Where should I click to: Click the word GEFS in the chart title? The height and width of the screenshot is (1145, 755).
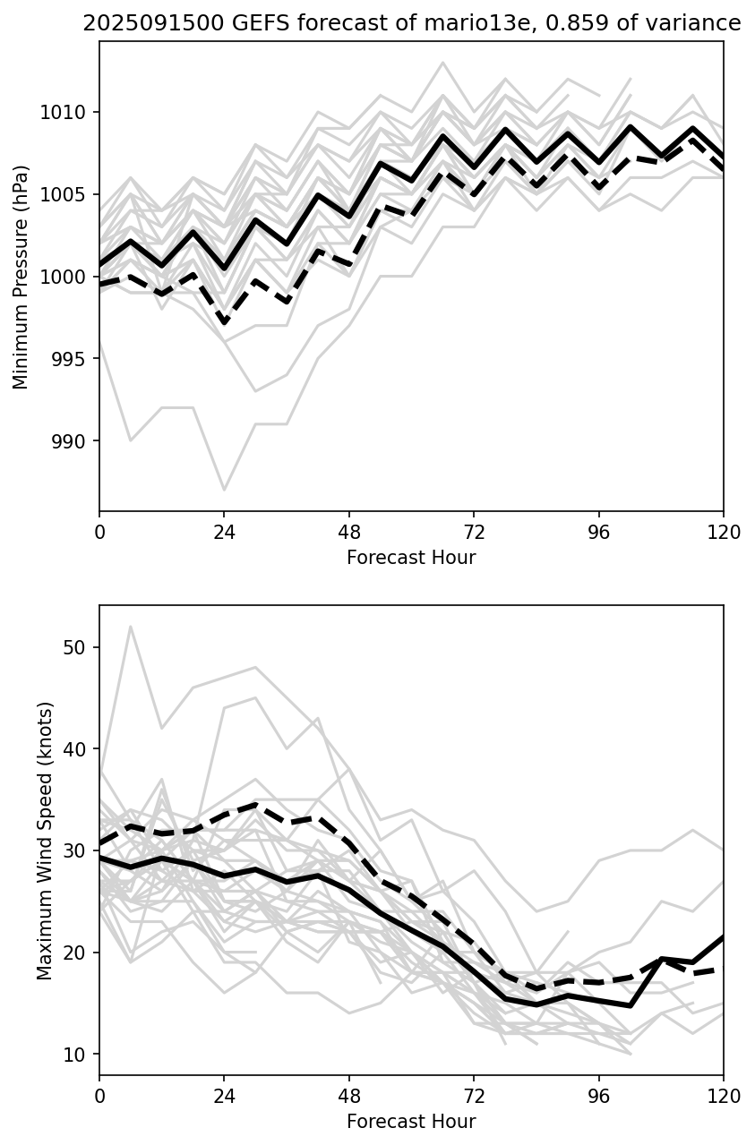tap(221, 24)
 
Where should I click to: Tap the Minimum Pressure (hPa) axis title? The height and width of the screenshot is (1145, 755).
tap(21, 277)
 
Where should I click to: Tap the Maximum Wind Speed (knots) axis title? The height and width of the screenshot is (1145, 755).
tap(45, 840)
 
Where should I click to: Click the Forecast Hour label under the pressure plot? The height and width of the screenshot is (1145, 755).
tap(411, 558)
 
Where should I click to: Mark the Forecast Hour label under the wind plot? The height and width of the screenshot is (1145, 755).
tap(411, 1122)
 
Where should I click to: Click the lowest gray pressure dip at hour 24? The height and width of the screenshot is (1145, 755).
tap(224, 490)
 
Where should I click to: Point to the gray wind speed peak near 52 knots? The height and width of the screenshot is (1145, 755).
tap(131, 627)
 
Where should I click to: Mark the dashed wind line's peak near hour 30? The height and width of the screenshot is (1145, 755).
tap(256, 805)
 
